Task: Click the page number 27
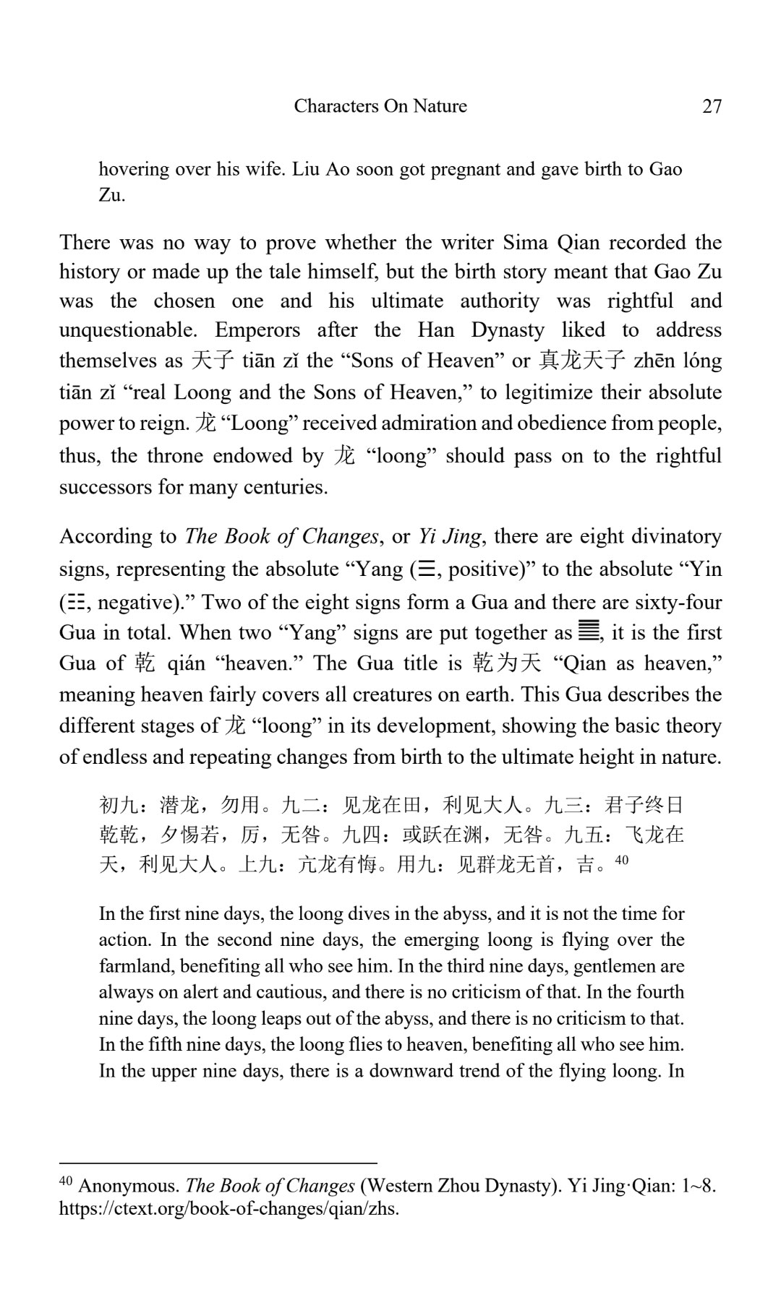tap(712, 106)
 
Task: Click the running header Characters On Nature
tap(380, 106)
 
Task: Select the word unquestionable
tap(128, 330)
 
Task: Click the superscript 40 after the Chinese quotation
tap(622, 861)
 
